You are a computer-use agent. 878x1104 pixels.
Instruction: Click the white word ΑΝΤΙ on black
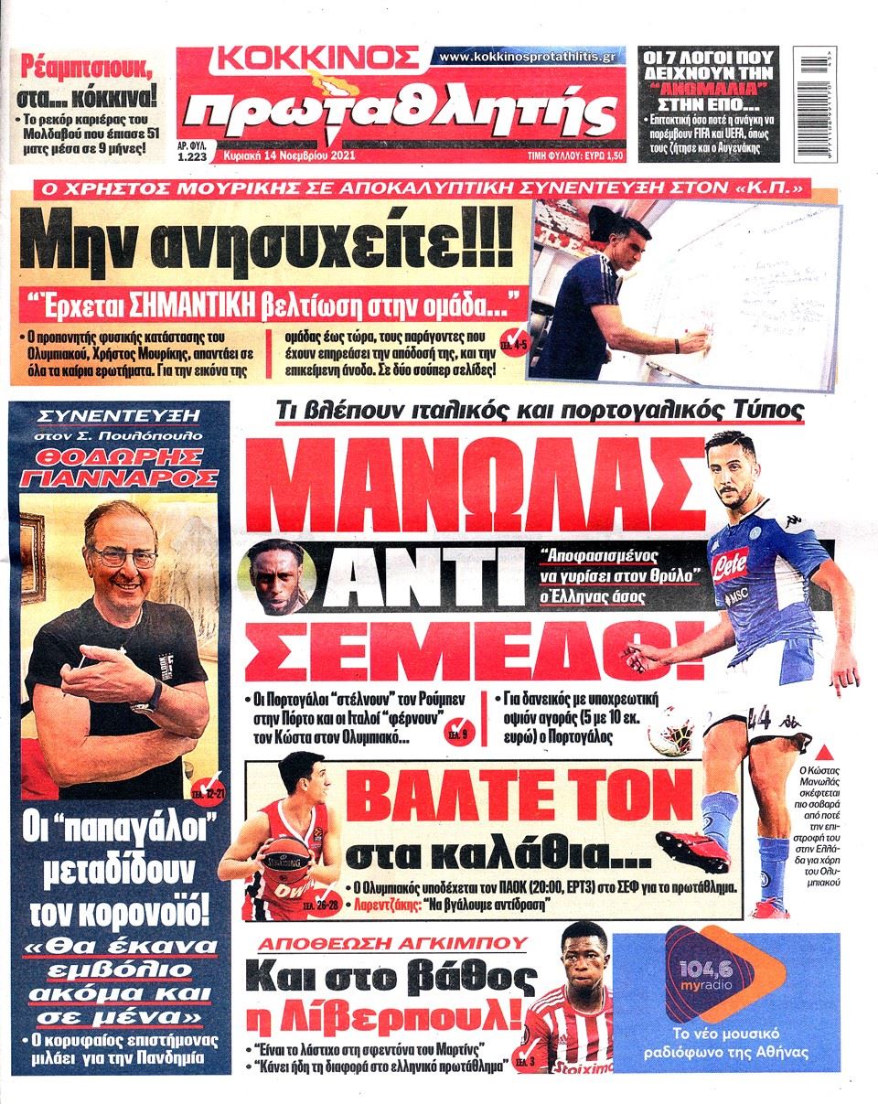(x=414, y=578)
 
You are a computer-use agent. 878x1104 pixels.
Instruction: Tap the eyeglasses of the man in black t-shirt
(x=124, y=555)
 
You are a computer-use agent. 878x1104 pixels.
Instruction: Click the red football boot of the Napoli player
(x=691, y=850)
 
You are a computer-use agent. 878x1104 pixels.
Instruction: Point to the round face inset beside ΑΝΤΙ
(x=271, y=578)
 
